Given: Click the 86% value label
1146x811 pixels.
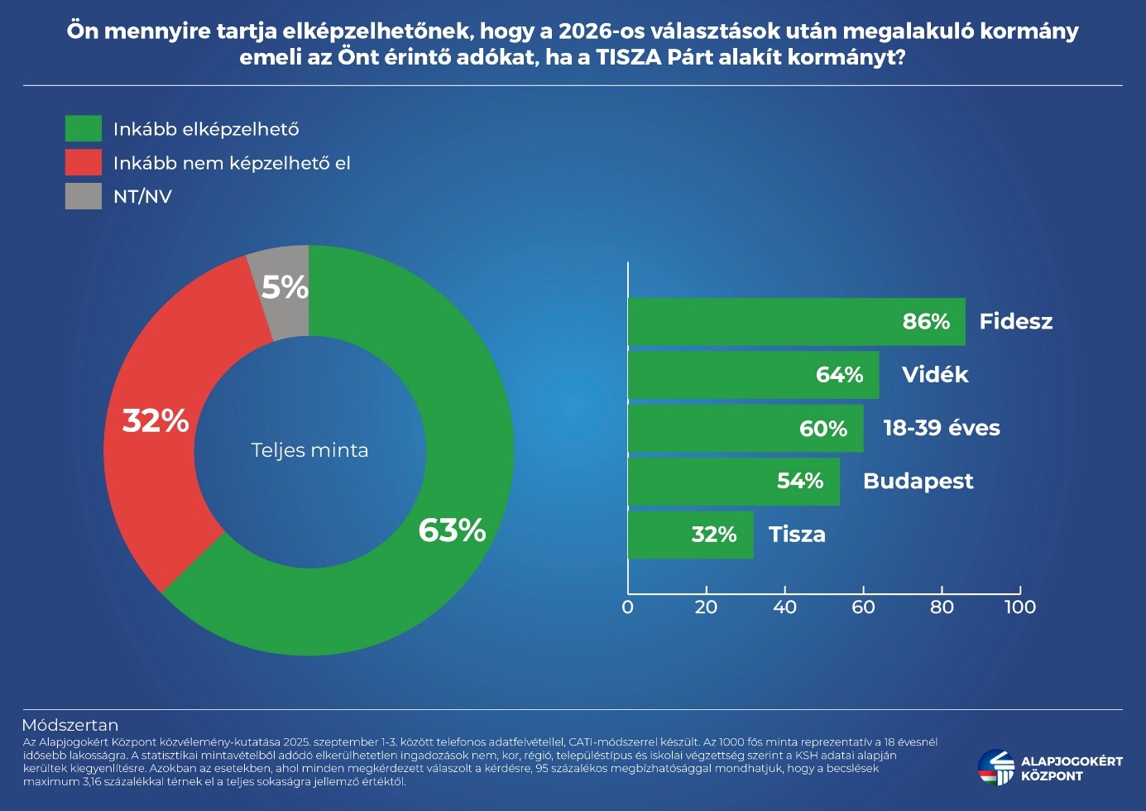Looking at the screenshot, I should tap(926, 321).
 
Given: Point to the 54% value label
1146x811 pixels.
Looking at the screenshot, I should tap(800, 481).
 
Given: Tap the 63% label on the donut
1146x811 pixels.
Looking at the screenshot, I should tap(452, 530).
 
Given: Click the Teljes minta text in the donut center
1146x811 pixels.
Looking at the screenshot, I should tap(309, 450).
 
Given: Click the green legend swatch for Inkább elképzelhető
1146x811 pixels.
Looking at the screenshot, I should tap(84, 128).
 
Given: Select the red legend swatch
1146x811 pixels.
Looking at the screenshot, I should tap(84, 162).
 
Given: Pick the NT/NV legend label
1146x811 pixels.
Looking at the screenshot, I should tap(142, 196).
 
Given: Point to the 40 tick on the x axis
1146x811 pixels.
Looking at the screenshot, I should tap(784, 607).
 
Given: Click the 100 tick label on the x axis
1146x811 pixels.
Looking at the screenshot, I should tap(1019, 607).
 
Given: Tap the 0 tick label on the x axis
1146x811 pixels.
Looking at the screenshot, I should tap(627, 607).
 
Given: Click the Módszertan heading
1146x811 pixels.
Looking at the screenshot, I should tap(70, 725).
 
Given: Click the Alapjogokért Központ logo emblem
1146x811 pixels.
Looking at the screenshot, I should tap(996, 767).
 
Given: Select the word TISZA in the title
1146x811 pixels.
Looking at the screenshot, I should tap(630, 57).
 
